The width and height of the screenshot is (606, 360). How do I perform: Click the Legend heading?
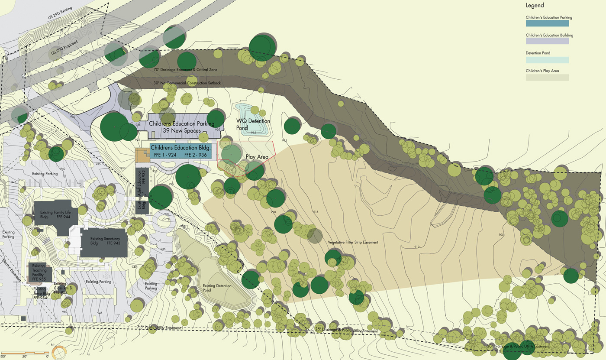(535, 6)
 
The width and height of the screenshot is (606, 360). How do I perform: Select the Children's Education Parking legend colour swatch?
(547, 23)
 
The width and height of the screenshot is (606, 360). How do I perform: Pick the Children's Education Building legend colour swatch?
(547, 41)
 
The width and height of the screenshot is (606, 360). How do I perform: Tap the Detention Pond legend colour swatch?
(547, 60)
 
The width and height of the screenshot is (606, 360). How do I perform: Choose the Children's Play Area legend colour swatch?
(547, 78)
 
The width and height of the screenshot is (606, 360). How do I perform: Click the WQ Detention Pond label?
(253, 124)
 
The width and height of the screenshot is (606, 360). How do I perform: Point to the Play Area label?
(257, 157)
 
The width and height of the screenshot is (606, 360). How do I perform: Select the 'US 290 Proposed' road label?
(64, 50)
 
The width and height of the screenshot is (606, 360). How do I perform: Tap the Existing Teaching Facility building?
(40, 273)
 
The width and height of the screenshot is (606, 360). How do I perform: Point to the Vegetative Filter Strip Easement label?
(353, 242)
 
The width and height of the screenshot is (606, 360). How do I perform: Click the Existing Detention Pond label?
(217, 288)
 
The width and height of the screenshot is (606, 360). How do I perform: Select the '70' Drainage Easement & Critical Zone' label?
(185, 69)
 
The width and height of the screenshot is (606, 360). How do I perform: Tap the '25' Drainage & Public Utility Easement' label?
(346, 331)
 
